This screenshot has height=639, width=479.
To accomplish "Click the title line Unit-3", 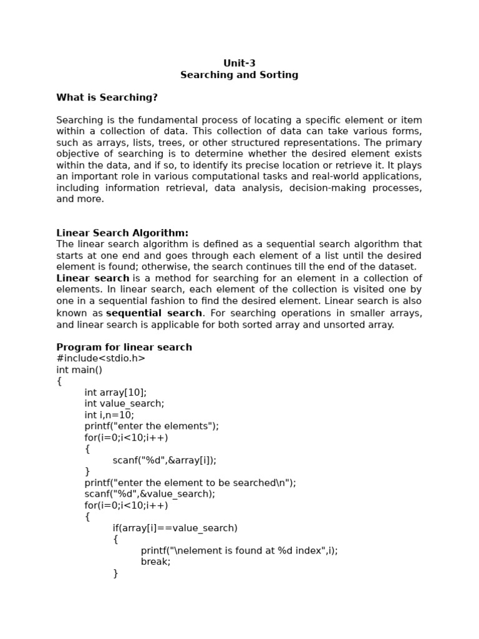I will point(239,63).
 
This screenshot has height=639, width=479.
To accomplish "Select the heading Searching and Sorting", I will point(239,75).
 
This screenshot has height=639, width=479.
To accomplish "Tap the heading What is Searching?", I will point(107,97).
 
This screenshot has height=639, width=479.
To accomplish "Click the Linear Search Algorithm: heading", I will point(122,233).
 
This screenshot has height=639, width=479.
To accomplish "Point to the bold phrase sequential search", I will point(154,313).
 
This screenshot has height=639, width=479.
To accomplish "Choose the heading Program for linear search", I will point(124,347).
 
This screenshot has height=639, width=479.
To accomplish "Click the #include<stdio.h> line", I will point(100,358).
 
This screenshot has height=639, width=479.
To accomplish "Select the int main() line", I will point(79,369).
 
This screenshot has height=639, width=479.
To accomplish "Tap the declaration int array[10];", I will point(115,392).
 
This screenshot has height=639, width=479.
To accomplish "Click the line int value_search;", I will point(124,403).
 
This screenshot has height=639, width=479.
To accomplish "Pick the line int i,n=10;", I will point(109,414).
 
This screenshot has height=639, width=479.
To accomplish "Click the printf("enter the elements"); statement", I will point(152,426).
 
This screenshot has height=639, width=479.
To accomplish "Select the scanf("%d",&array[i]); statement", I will point(164,460).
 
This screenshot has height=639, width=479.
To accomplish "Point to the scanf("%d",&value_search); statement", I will point(150,494).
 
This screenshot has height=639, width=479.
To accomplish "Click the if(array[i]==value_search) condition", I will point(175,528).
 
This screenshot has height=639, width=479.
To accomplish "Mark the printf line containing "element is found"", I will point(239,550).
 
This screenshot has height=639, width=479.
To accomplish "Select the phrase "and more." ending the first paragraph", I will point(80,199).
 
